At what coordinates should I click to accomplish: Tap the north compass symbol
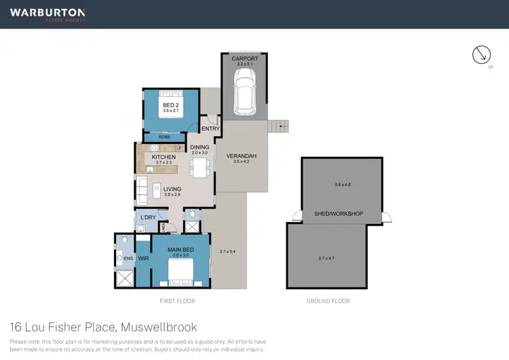point(481,56)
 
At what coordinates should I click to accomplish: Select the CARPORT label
point(244,59)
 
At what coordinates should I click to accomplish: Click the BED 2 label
point(170,105)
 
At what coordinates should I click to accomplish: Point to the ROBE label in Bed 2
point(164,137)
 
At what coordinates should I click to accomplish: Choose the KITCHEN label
point(164,157)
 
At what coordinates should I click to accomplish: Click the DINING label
point(200,147)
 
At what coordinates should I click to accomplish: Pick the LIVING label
point(171,189)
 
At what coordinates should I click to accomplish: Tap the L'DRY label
point(148,217)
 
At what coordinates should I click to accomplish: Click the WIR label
point(143,259)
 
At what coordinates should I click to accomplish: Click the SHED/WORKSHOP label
point(339,214)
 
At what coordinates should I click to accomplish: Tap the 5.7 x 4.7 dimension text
point(328,259)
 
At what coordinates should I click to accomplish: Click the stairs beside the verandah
point(279,126)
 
